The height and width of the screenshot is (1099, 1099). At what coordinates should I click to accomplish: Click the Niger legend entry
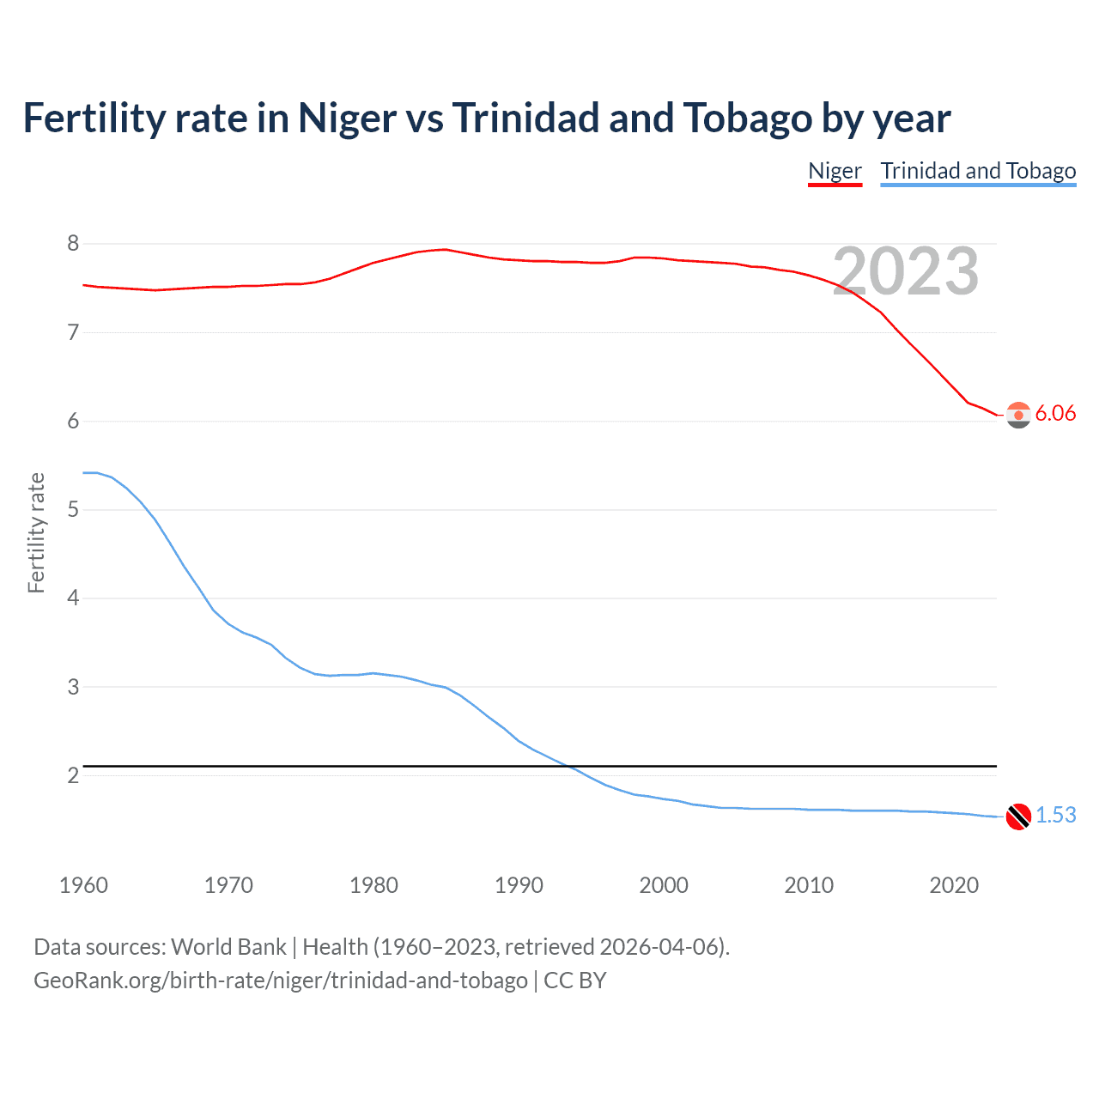point(835,171)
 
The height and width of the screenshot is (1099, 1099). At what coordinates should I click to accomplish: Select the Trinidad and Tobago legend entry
point(978,171)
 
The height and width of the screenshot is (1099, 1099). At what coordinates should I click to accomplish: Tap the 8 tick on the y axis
point(73,244)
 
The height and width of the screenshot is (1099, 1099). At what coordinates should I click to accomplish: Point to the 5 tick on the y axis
point(73,510)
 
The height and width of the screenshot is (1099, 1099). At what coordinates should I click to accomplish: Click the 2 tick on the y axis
point(73,775)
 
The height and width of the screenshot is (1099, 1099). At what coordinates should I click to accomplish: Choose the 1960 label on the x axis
point(83,885)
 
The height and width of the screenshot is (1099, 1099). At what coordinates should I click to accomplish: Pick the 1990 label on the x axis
point(519,885)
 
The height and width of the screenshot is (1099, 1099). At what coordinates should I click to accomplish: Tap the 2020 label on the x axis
point(954,885)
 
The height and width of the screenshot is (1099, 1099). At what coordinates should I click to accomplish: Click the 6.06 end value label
point(1055,414)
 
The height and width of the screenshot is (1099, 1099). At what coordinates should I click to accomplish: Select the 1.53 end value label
point(1055,815)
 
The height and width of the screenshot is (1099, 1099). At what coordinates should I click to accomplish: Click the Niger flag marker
point(1018,415)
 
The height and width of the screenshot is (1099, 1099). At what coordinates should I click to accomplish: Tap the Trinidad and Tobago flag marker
point(1018,817)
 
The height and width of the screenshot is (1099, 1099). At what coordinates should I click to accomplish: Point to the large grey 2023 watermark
point(906,271)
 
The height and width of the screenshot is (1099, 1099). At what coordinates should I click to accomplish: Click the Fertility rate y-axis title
point(36,532)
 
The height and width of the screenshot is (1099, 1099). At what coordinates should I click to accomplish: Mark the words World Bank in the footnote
point(228,947)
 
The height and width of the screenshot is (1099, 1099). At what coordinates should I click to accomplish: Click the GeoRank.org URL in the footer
point(280,981)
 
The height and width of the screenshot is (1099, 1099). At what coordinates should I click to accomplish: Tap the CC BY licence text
point(575,981)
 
